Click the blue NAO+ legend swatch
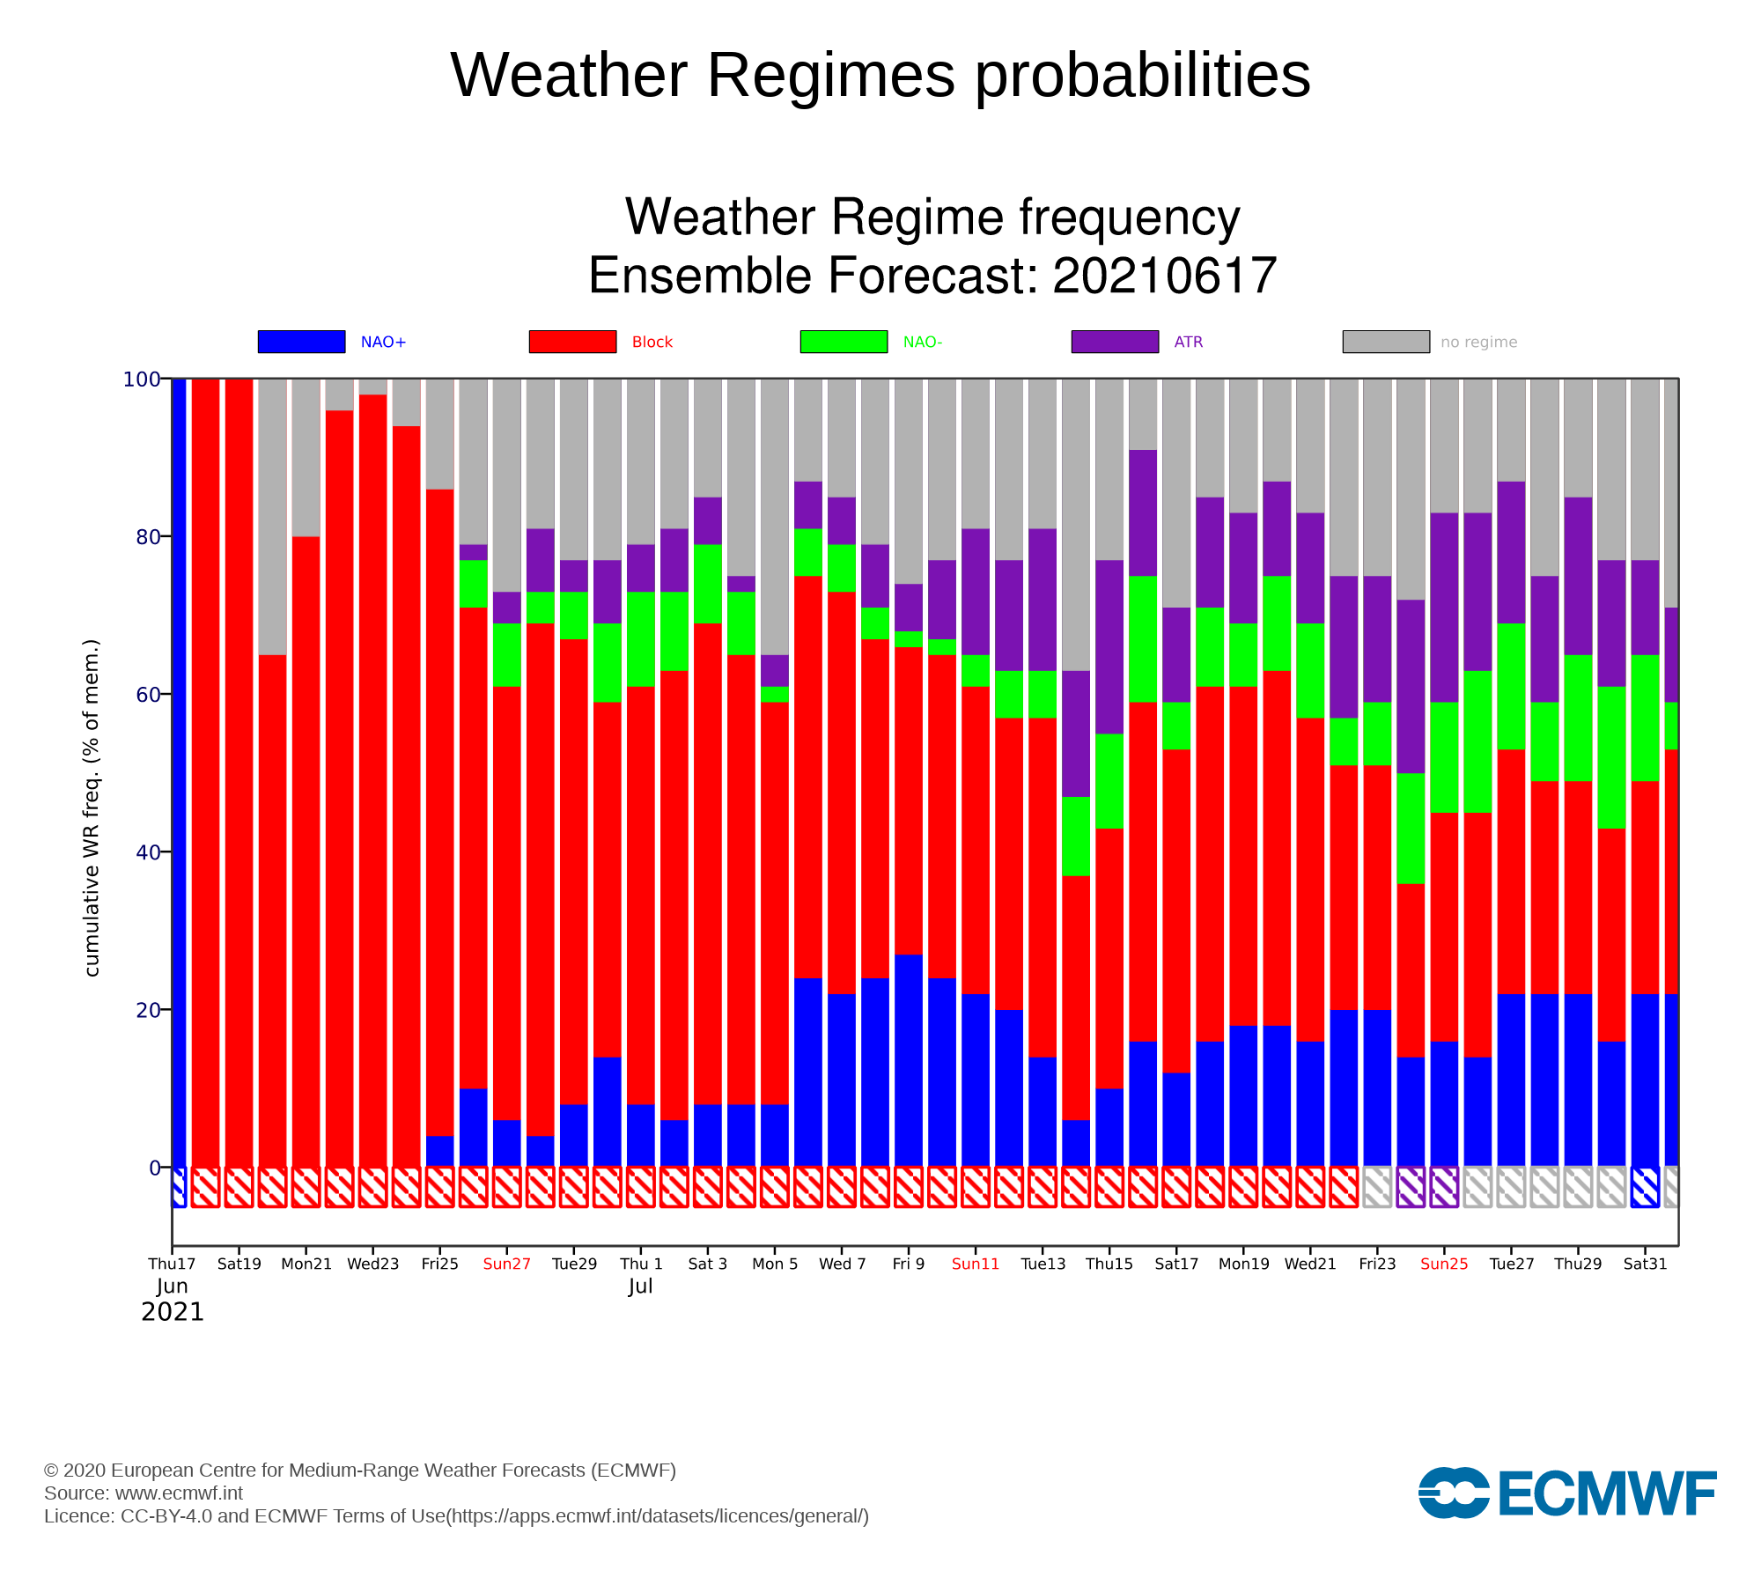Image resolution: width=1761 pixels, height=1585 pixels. [x=301, y=342]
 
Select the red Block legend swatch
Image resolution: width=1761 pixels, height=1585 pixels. [x=572, y=342]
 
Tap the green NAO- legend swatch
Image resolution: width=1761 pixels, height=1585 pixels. [x=844, y=342]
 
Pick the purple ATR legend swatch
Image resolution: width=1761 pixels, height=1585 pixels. [x=1115, y=342]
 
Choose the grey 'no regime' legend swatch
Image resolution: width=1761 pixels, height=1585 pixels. [x=1386, y=342]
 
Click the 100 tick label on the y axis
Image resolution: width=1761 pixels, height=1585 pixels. [x=142, y=380]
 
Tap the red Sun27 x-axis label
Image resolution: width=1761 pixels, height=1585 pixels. [x=507, y=1264]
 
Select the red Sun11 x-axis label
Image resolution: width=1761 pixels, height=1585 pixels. [x=976, y=1264]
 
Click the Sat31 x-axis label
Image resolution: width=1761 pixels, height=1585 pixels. [x=1645, y=1264]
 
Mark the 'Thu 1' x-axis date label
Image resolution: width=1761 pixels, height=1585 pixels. [x=641, y=1264]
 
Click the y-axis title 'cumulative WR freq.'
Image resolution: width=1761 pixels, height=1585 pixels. [x=92, y=807]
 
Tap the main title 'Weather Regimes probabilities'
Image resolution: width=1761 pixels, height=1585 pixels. [x=880, y=75]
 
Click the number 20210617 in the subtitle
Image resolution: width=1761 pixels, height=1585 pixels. [x=1164, y=276]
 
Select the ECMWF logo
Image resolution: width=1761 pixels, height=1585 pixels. [x=1567, y=1493]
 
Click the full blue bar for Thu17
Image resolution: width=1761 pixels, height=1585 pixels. [x=180, y=772]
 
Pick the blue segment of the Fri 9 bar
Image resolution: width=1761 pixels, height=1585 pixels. [x=909, y=1060]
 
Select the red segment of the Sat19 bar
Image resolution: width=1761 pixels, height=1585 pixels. [x=239, y=772]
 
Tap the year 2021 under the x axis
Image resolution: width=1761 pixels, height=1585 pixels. [x=173, y=1312]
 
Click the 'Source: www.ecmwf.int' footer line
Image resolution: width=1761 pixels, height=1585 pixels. [x=144, y=1493]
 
